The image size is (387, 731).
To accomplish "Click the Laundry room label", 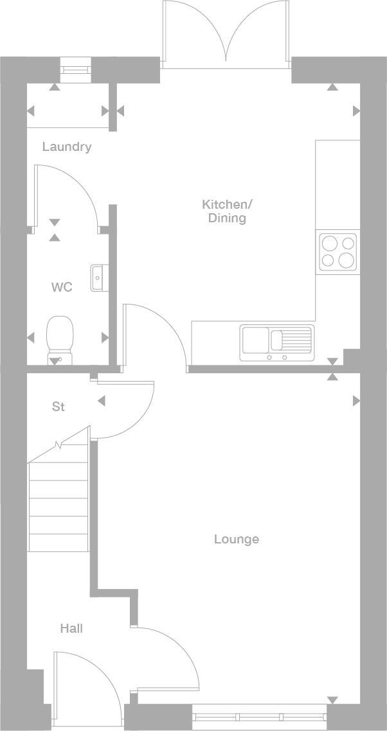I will click(67, 147).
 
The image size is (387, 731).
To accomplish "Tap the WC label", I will click(62, 287).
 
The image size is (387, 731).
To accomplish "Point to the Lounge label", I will click(236, 540).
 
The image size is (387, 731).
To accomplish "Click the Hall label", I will click(71, 629).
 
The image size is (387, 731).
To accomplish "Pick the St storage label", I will click(59, 407).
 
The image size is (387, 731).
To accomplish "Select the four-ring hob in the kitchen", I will click(338, 251).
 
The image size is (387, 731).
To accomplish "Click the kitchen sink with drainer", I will click(277, 342).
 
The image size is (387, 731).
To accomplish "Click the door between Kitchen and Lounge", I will click(154, 337).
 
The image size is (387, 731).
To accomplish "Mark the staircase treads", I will click(58, 507).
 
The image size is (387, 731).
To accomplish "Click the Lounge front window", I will click(259, 716).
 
